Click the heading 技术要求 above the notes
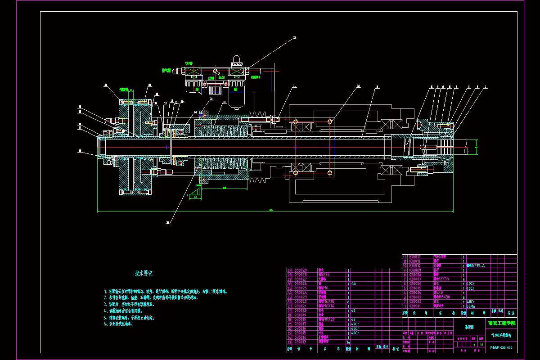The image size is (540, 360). click(x=144, y=273)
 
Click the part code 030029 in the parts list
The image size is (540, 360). click(x=300, y=270)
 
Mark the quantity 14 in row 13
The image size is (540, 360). click(x=348, y=342)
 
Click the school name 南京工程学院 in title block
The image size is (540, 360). click(x=502, y=323)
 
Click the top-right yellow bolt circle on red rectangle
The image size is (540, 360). click(x=330, y=121)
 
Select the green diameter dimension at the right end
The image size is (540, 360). click(x=476, y=147)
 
